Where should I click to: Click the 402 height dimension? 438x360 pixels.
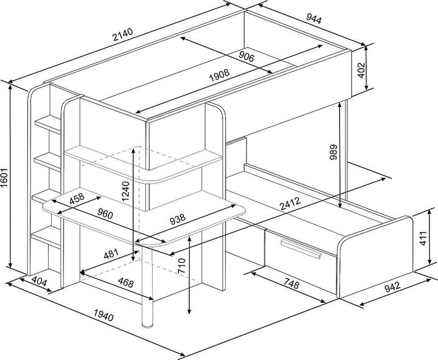tap(361, 70)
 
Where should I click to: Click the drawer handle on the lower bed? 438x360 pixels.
tap(301, 250)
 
